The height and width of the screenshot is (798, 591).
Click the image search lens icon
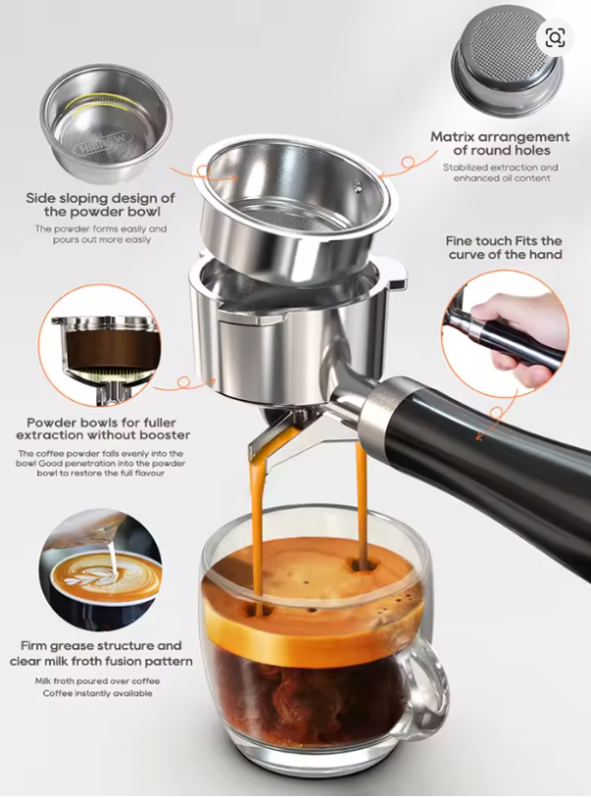point(555,37)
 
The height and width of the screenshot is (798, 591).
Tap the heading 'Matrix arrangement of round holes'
point(499,144)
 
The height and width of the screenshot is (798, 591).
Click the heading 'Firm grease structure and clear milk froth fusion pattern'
point(100,653)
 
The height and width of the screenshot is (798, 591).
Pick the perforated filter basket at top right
point(507,62)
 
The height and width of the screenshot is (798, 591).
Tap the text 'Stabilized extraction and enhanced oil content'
point(499,173)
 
